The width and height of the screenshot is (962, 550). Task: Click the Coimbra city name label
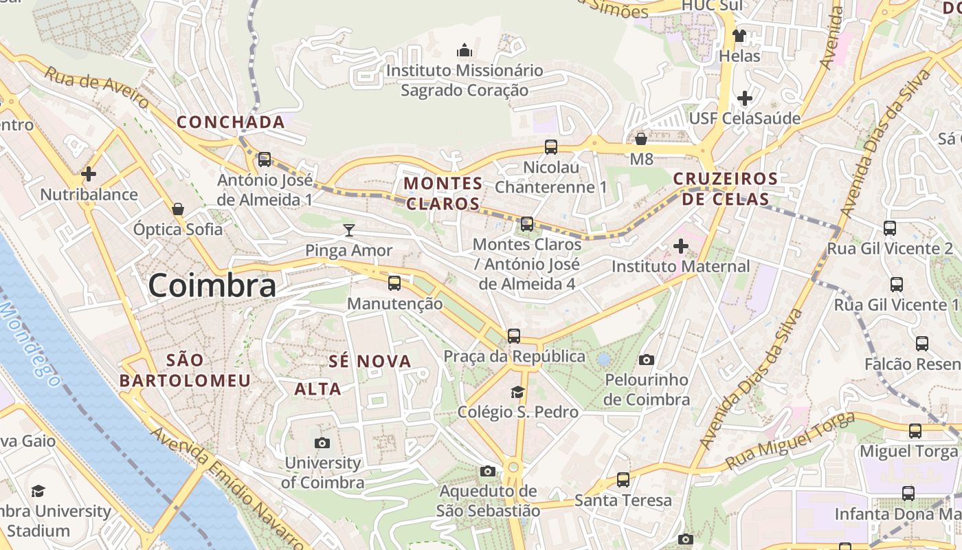212,285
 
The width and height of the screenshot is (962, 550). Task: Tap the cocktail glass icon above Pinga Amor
350,230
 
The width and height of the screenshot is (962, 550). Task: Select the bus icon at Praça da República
514,336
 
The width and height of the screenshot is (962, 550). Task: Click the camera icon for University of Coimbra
322,443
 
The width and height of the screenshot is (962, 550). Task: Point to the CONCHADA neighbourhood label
231,122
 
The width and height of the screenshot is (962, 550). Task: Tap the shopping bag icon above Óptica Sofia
178,209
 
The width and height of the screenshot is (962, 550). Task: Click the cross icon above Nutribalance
89,174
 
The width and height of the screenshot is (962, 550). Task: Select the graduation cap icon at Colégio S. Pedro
517,392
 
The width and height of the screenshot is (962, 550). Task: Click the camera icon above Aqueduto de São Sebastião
488,471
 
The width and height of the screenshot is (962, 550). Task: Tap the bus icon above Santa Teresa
623,480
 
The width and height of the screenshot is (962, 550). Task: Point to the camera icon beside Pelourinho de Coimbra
646,360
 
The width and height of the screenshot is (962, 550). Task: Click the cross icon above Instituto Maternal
681,246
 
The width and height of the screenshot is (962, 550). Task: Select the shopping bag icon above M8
641,140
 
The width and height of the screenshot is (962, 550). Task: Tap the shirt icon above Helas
739,36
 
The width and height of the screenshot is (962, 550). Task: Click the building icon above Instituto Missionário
465,50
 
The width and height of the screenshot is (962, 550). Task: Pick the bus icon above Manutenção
394,283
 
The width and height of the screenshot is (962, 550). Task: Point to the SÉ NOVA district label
370,361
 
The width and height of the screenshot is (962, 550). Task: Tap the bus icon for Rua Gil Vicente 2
890,228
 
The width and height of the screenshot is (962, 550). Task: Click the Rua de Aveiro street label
96,87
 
